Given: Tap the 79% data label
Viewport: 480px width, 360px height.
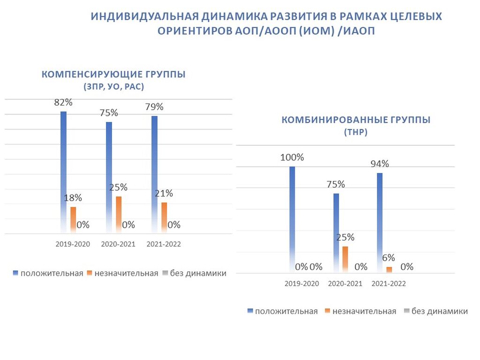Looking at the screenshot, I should coord(154,107).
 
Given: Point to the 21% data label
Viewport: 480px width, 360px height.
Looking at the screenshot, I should coord(164,193).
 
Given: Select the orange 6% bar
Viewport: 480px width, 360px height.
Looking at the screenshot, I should coord(389,270).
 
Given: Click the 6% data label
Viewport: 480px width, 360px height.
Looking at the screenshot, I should coord(389,258).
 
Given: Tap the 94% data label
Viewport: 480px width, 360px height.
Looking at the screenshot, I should coord(379,164).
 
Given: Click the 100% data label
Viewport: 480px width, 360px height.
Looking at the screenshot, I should coord(292,157).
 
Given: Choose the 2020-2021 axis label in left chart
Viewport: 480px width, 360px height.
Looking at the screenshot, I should coord(118,244).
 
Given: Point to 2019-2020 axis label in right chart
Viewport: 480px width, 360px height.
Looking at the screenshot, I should coord(302,284).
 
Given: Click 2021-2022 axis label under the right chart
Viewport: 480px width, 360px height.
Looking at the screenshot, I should coord(389,284).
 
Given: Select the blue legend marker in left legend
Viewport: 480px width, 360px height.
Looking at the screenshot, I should coord(16,273).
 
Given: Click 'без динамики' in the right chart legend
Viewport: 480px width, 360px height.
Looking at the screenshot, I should coord(439,311).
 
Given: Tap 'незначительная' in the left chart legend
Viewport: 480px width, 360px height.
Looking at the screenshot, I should coord(126,273).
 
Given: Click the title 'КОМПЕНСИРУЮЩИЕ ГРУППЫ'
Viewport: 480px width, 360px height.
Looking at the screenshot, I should coord(113,75).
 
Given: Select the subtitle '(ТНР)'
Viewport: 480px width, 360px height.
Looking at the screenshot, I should coord(356,132).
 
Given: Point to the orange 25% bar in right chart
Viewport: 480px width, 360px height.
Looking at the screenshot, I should coord(345,259).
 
